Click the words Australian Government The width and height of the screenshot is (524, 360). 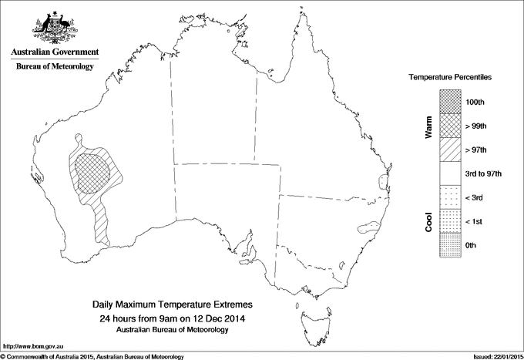point(55,52)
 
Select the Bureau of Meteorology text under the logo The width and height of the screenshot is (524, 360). point(55,67)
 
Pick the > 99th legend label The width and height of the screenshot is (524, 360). point(478,125)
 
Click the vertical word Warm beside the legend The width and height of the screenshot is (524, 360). point(428,127)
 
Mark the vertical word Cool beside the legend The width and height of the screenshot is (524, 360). point(428,221)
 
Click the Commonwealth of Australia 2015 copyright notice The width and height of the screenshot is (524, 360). point(92,356)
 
